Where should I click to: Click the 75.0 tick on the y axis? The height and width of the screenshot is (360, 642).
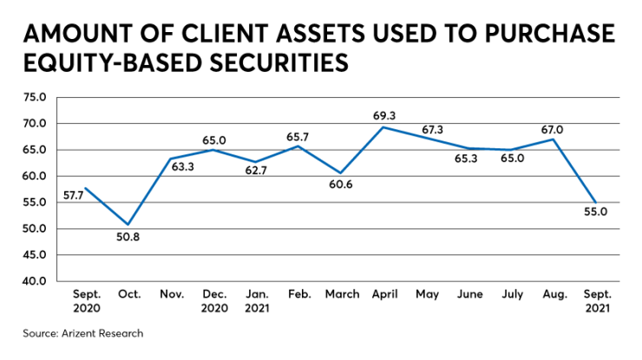coord(35,97)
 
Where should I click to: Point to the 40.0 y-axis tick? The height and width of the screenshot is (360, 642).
coord(35,282)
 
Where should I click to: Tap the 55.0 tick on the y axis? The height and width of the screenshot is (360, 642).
coord(35,203)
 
